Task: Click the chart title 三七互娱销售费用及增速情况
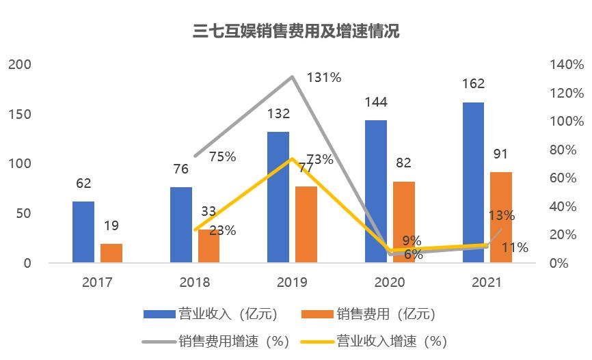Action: [x=296, y=31]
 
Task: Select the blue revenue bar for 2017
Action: [x=83, y=232]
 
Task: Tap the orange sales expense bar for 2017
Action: [x=111, y=253]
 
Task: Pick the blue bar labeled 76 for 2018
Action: [x=181, y=225]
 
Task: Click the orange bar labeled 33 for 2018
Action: [x=209, y=246]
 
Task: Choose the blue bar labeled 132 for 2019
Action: [x=278, y=197]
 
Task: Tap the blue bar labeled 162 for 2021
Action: [x=473, y=182]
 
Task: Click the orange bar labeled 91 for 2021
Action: [x=501, y=217]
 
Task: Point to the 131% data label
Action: [x=324, y=78]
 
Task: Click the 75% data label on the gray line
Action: [x=221, y=157]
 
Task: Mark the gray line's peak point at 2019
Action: [x=293, y=77]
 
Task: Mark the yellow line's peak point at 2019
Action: [x=293, y=159]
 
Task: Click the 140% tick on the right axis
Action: [x=566, y=65]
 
